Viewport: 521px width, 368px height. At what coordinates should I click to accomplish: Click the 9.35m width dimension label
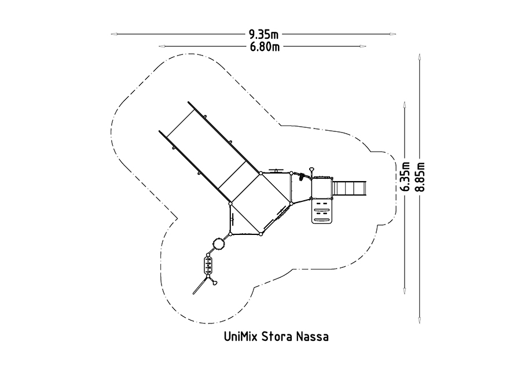(x=263, y=34)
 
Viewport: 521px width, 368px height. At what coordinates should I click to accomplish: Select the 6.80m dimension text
(x=265, y=47)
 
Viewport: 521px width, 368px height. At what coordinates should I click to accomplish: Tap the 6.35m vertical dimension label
(x=405, y=176)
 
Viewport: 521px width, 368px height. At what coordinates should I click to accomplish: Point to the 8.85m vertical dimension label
(x=420, y=176)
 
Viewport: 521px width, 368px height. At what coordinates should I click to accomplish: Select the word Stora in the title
(x=277, y=337)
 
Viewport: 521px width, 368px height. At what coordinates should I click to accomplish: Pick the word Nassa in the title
(x=313, y=337)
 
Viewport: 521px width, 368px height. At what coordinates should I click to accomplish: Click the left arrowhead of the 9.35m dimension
(x=114, y=34)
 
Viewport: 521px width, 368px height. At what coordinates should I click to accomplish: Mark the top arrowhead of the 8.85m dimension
(x=420, y=57)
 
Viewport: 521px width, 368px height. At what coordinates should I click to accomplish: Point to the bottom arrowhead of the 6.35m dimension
(x=405, y=291)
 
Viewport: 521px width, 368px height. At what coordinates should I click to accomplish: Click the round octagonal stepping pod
(x=219, y=244)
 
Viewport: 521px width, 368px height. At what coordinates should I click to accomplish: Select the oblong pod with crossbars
(x=208, y=264)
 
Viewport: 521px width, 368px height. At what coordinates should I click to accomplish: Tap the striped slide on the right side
(x=350, y=188)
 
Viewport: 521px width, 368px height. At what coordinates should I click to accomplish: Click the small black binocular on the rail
(x=302, y=176)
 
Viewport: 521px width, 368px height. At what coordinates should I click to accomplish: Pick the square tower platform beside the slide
(x=322, y=188)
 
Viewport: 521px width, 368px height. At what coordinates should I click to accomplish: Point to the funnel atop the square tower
(x=311, y=170)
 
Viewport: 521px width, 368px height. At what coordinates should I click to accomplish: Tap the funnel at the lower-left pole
(x=215, y=283)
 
